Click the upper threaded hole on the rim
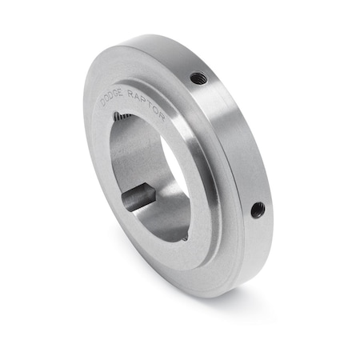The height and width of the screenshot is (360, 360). tap(198, 78)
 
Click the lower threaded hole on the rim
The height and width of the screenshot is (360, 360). tap(258, 210)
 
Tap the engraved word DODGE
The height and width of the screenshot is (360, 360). tap(111, 96)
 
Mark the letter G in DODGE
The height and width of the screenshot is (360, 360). tap(114, 94)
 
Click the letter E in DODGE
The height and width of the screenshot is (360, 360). tap(120, 92)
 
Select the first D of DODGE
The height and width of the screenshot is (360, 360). tap(103, 102)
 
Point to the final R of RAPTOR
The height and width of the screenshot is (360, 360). tap(162, 117)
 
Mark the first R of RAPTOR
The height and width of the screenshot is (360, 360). tap(130, 94)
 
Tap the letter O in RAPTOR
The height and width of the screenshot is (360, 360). tap(156, 110)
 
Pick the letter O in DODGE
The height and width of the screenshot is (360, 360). tap(107, 98)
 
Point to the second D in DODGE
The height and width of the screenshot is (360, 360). tap(110, 95)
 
